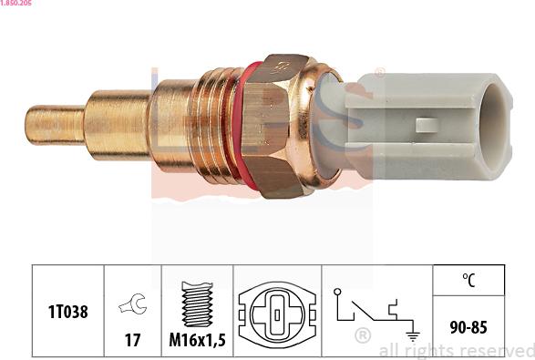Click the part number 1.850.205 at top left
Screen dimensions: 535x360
(15, 3)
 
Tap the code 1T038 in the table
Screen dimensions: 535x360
(67, 312)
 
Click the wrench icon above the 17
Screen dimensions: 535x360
(133, 303)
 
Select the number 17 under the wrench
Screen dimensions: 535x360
(132, 340)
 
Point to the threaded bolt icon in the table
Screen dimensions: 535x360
(197, 303)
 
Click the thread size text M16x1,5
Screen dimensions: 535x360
(197, 340)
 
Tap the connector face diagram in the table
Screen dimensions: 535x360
(277, 314)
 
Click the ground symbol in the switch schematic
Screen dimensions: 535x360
(413, 335)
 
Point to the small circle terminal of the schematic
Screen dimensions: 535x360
(337, 292)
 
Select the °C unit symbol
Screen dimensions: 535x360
(468, 280)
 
